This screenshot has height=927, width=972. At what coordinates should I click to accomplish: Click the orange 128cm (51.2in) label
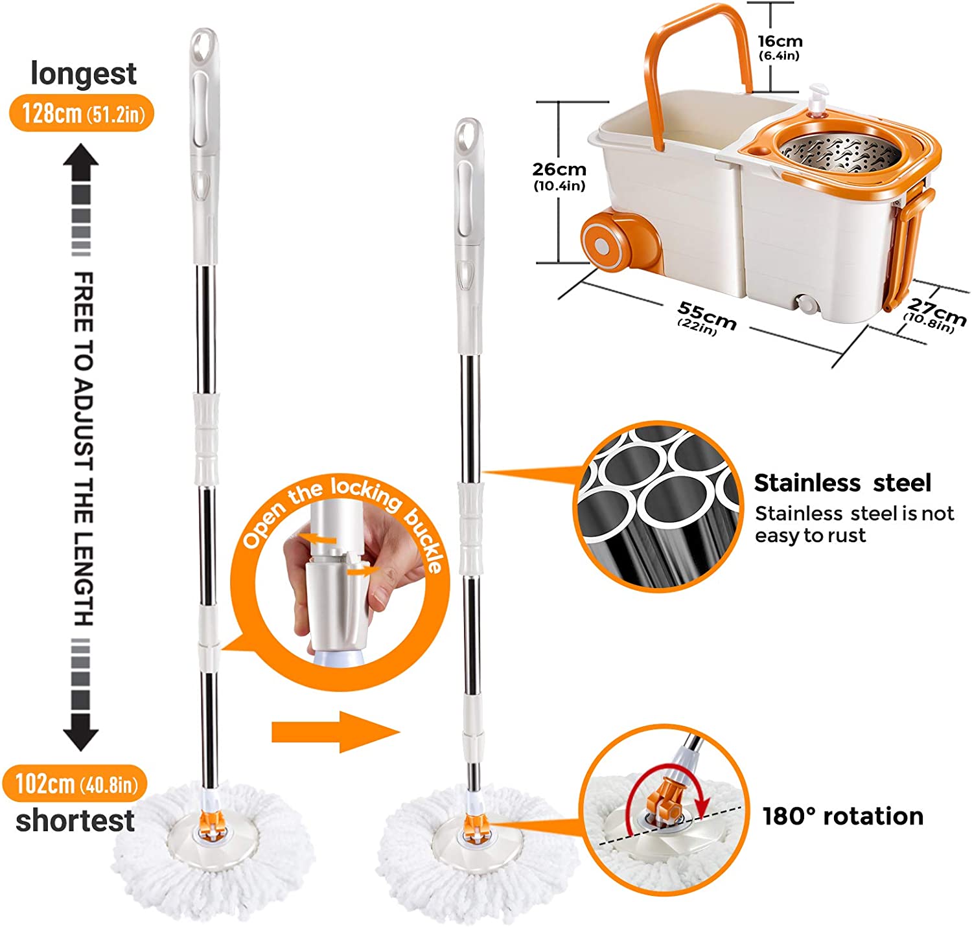tap(82, 113)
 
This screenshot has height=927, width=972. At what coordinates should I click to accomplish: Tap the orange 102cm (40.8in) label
tap(75, 784)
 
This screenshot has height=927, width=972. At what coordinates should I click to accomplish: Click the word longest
tap(83, 74)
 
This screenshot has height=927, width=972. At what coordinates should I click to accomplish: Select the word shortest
tap(75, 821)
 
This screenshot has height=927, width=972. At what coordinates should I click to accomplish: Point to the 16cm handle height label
tap(780, 47)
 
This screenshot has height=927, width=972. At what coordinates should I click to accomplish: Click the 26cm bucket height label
tap(559, 176)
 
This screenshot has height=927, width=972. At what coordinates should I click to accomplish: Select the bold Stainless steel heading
tap(842, 483)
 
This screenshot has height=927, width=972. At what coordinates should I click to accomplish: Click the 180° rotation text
tap(843, 816)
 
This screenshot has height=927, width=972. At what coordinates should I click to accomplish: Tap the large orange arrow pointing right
tap(335, 732)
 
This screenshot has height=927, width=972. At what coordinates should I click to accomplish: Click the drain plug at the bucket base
tap(805, 303)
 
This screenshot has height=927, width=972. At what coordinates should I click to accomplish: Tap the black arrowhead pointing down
tap(81, 733)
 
